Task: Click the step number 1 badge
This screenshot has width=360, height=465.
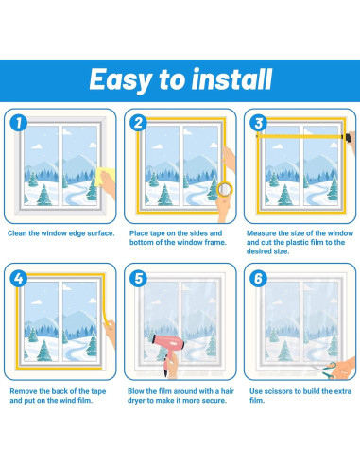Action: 19,123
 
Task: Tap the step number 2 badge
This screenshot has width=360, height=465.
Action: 139,123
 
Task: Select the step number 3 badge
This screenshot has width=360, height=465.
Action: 259,123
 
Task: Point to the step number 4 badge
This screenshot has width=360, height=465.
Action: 19,279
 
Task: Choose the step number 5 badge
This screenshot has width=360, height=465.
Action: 139,279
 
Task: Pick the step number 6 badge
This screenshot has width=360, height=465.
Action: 259,279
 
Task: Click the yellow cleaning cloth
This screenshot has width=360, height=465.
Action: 103,177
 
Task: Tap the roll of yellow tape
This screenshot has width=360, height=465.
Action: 225,189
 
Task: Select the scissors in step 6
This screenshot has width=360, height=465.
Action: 324,370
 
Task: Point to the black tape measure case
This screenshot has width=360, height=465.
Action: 348,137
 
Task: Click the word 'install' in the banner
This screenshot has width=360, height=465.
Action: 231,79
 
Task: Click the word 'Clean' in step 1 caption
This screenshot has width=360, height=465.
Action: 17,233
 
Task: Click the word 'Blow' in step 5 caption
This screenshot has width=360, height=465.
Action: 136,391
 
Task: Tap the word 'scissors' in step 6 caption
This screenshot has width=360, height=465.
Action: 278,391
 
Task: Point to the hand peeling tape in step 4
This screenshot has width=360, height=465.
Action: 111,334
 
